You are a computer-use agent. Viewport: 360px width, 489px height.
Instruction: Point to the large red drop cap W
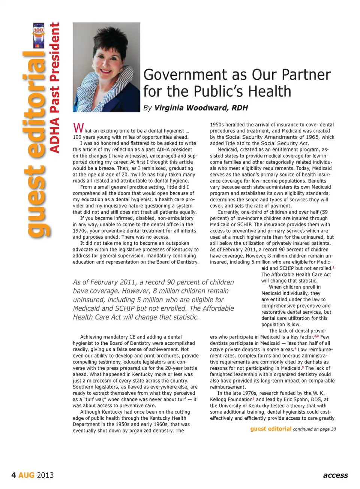(78, 128)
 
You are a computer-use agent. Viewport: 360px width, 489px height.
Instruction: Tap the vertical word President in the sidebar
(55, 52)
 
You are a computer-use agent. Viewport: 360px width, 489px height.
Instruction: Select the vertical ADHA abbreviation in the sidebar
(55, 135)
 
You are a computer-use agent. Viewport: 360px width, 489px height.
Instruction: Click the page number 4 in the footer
(13, 475)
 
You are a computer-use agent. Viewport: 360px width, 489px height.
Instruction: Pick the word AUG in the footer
(26, 475)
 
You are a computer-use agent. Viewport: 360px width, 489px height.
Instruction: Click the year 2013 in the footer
(45, 475)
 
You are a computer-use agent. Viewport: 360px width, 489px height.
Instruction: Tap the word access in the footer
(335, 475)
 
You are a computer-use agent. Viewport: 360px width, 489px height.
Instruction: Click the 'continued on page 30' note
(314, 429)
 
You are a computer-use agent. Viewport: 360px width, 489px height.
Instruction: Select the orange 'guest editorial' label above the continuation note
(271, 429)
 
